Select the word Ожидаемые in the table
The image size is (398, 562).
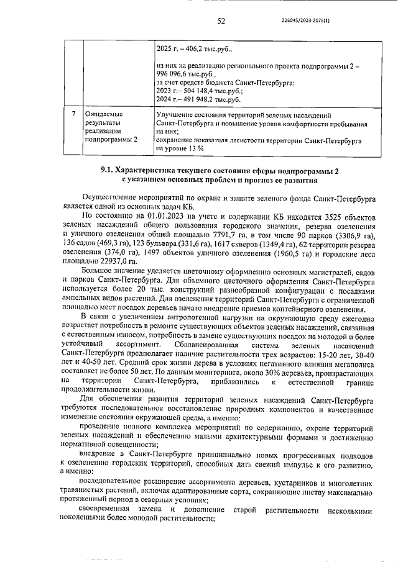coord(104,115)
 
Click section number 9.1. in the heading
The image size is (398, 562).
coord(109,170)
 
